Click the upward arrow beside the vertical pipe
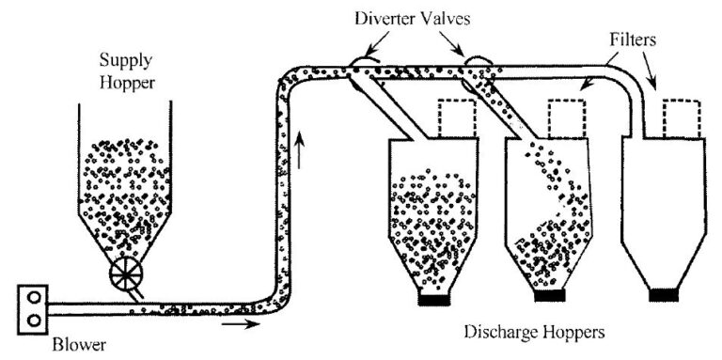click(300, 149)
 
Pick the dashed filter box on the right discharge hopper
click(682, 117)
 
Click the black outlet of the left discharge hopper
click(434, 301)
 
